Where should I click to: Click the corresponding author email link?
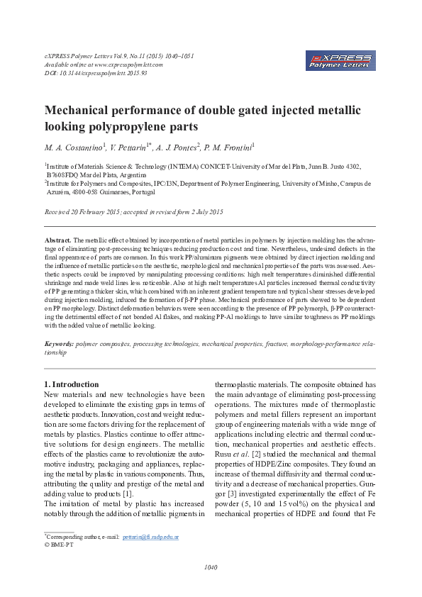coord(150,537)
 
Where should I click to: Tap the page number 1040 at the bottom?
coord(211,567)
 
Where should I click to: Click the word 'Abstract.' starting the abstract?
coord(58,241)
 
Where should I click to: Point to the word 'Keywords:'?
coord(59,343)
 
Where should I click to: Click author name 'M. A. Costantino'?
coord(74,147)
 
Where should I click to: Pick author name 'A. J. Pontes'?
coord(184,147)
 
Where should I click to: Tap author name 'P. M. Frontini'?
coord(231,147)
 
